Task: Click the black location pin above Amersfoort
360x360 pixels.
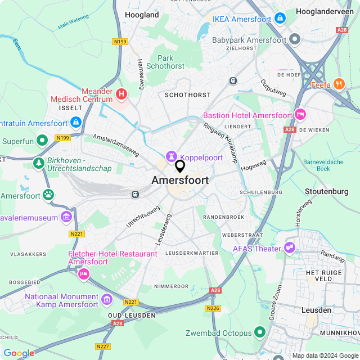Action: pos(180,166)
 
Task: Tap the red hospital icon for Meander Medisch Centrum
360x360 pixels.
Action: pos(121,93)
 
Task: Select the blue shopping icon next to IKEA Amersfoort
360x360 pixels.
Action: pos(280,19)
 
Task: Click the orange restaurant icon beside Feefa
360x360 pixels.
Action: pos(339,84)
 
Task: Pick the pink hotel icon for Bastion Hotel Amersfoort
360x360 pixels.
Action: pos(300,115)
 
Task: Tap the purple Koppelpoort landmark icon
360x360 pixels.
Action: pos(171,155)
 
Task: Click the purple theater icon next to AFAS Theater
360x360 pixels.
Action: pos(290,246)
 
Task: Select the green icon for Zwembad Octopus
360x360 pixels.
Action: pos(260,332)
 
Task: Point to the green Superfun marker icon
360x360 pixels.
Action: pos(42,140)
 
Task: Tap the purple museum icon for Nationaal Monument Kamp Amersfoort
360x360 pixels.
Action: pos(107,297)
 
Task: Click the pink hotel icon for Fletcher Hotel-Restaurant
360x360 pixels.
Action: pos(84,273)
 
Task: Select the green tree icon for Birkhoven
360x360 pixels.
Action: pos(39,163)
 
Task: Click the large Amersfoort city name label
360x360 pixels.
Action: pos(180,181)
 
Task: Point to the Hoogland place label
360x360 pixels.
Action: pos(142,15)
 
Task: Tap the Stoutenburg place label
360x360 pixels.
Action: pos(326,191)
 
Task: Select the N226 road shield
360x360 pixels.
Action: pos(214,308)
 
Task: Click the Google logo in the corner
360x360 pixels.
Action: pos(19,353)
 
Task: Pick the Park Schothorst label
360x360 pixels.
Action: pos(165,62)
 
